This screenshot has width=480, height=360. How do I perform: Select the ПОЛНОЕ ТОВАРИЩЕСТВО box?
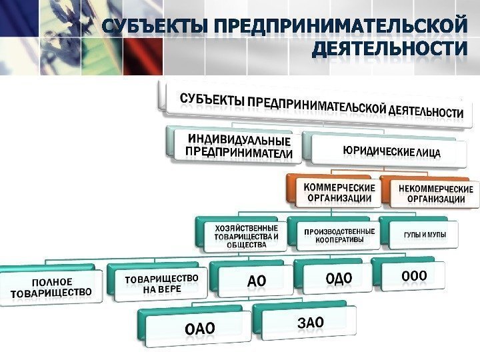51,285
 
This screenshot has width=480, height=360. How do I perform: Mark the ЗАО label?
309,323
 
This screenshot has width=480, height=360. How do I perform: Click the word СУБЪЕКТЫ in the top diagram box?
212,101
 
